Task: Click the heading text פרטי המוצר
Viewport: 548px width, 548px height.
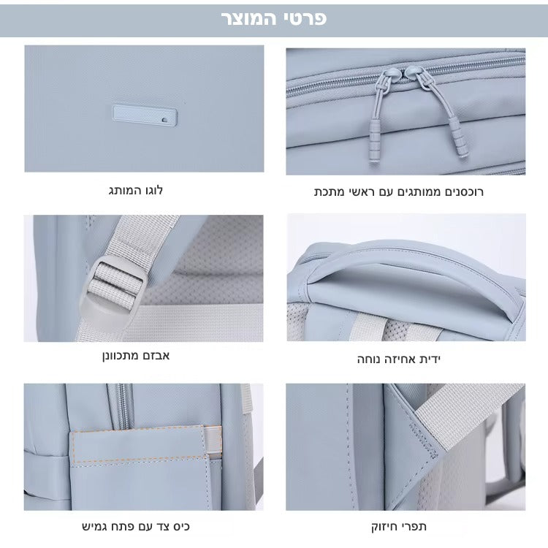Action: pyautogui.click(x=274, y=18)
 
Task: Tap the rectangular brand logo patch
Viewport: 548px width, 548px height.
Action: pyautogui.click(x=145, y=114)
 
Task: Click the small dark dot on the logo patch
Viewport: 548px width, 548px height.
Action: pyautogui.click(x=164, y=120)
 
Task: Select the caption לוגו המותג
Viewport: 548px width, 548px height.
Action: pyautogui.click(x=136, y=191)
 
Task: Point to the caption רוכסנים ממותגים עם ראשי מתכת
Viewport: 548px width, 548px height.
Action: pyautogui.click(x=399, y=192)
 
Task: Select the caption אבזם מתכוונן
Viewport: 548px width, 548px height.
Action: pyautogui.click(x=136, y=356)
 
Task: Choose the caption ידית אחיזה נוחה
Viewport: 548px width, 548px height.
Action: pyautogui.click(x=399, y=359)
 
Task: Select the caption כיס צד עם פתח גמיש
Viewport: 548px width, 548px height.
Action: pyautogui.click(x=136, y=526)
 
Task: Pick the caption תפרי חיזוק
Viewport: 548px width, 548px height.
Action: pyautogui.click(x=399, y=527)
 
